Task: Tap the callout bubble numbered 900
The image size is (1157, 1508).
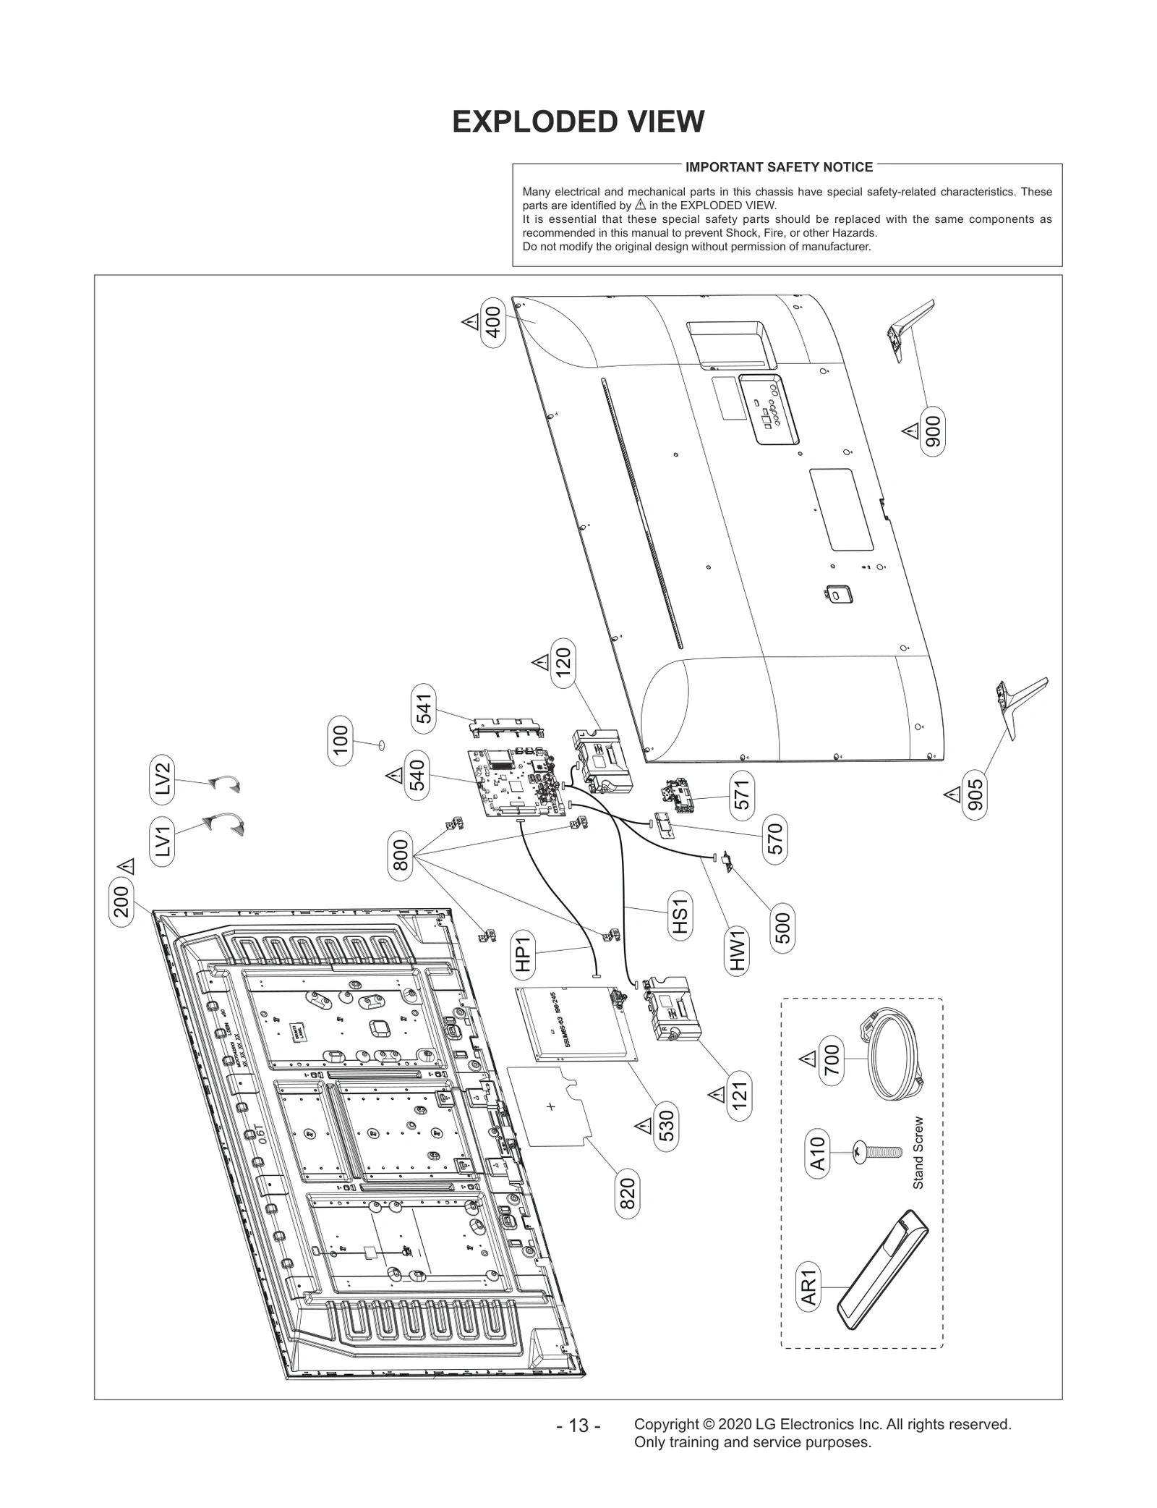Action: coord(933,433)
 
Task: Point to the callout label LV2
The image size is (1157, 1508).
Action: coord(163,779)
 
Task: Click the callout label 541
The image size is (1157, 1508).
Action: coord(424,708)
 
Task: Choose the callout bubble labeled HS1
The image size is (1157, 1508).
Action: coord(679,917)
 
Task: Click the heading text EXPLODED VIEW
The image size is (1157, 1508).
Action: coord(578,122)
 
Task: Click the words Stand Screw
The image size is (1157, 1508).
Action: coord(918,1163)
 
